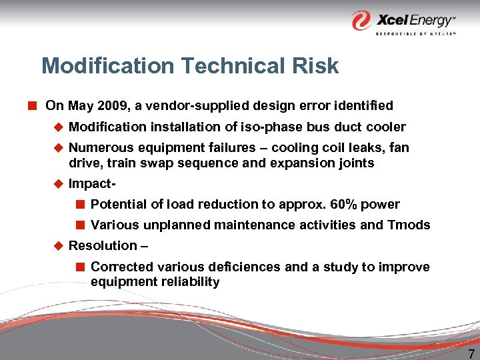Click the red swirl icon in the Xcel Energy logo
point(363,20)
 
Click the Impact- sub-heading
point(90,184)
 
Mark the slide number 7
point(471,353)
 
